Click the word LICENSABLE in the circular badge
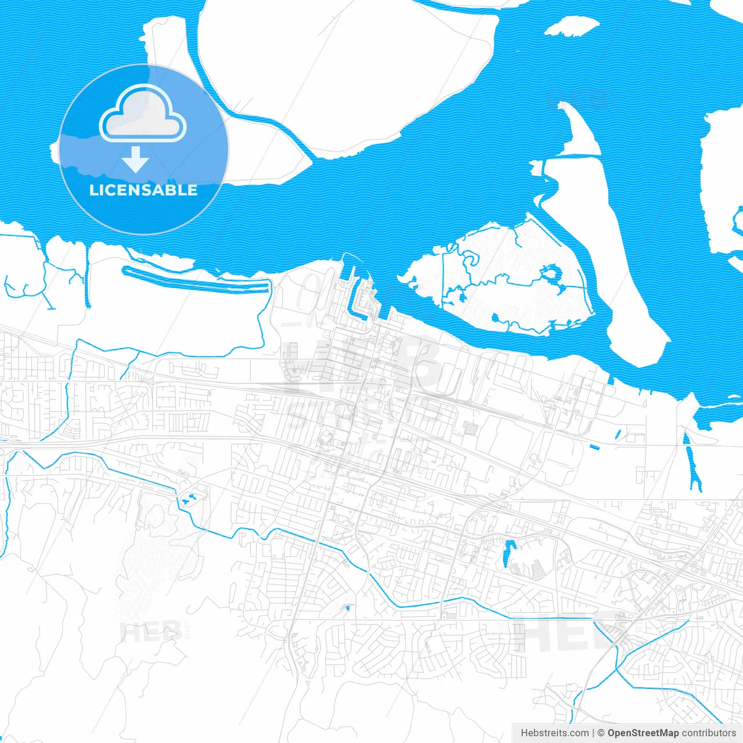pyautogui.click(x=143, y=190)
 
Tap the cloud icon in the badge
pyautogui.click(x=143, y=114)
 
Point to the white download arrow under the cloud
pyautogui.click(x=136, y=160)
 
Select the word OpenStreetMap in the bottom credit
pyautogui.click(x=643, y=733)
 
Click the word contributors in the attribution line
pyautogui.click(x=709, y=733)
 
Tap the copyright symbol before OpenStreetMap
pyautogui.click(x=601, y=733)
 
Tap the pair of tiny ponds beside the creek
pyautogui.click(x=189, y=498)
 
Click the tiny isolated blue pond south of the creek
pyautogui.click(x=347, y=608)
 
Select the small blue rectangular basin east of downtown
pyautogui.click(x=594, y=446)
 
